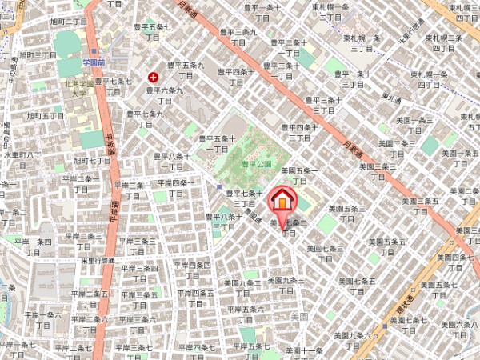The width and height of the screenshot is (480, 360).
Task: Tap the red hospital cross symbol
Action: pos(153,78)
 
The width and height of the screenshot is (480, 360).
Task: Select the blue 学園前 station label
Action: pos(94,61)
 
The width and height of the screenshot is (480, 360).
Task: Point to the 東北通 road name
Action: pos(391,98)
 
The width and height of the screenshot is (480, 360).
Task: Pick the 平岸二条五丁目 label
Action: pos(90,298)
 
